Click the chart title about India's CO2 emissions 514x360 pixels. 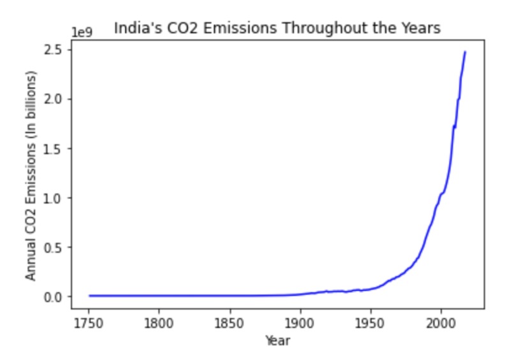(277, 28)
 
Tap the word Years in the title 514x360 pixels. (424, 28)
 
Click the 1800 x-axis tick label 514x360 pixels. (159, 322)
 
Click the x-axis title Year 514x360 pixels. (277, 341)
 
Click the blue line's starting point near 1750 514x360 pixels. (90, 296)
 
